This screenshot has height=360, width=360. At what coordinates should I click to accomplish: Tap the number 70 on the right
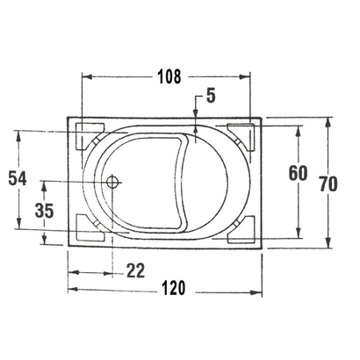328,184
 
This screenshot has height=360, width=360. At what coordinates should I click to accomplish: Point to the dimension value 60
298,173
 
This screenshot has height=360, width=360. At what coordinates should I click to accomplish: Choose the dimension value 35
44,211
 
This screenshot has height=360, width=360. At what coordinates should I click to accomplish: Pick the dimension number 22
134,271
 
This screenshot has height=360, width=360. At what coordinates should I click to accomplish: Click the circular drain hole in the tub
112,183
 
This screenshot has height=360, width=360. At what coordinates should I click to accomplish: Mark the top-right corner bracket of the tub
241,133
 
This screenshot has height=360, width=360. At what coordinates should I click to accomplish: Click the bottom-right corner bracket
241,230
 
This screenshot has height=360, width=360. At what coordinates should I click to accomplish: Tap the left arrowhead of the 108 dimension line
85,77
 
